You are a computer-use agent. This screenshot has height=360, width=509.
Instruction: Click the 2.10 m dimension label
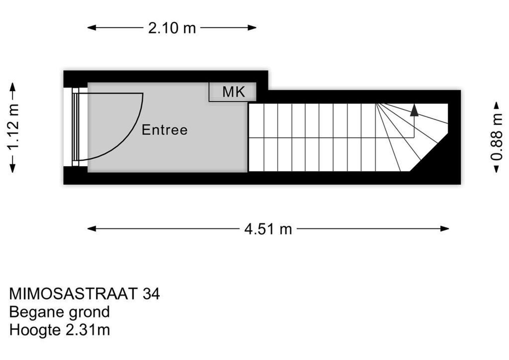(172, 28)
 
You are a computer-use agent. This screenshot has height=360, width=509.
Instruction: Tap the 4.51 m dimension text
(268, 229)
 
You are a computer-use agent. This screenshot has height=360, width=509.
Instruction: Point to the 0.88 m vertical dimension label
(496, 137)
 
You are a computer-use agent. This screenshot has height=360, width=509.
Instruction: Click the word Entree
(165, 130)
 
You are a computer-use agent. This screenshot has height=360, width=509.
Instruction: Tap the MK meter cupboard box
(233, 92)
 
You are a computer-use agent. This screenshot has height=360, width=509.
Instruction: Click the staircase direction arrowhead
(414, 110)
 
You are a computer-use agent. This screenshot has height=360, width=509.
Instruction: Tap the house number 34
(151, 294)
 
